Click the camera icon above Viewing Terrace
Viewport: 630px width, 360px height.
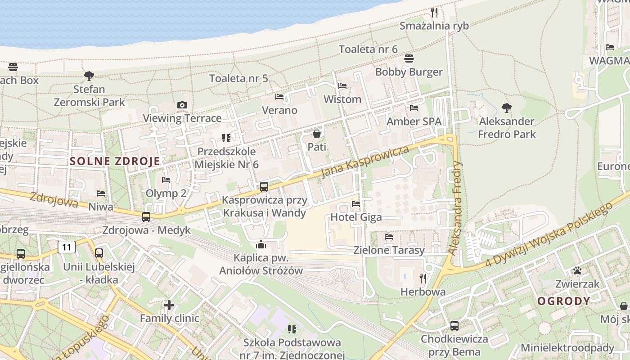[182, 105]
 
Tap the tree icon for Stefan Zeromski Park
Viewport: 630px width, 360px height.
[89, 76]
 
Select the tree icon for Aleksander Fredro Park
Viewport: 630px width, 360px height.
[507, 108]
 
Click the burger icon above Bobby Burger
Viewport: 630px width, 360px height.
[409, 58]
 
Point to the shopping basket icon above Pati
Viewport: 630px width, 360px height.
[317, 133]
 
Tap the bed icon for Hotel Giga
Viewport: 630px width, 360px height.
[356, 203]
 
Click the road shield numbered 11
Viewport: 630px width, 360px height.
[67, 247]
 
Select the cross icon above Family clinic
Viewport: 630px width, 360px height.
[169, 305]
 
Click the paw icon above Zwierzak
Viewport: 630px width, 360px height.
[577, 270]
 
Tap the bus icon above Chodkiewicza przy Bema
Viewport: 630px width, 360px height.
[454, 325]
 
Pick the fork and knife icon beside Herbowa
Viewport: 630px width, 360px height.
[423, 278]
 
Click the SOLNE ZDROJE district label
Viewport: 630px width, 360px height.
[115, 162]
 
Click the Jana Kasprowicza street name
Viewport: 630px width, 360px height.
[365, 162]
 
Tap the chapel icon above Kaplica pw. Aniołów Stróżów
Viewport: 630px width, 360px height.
[261, 244]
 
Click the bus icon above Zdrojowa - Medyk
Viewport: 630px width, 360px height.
[146, 216]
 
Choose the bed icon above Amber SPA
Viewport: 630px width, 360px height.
[414, 108]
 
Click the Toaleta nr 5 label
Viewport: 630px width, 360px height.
[238, 78]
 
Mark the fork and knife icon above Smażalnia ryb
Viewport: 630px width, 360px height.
[434, 12]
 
